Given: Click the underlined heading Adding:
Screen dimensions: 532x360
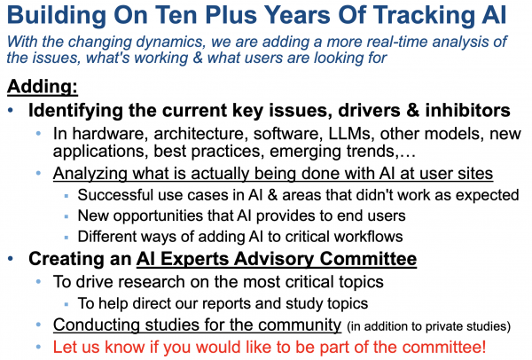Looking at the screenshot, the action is (43, 87).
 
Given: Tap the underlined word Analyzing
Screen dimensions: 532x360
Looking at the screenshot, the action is (90, 174).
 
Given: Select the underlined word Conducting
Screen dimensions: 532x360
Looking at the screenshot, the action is (97, 325).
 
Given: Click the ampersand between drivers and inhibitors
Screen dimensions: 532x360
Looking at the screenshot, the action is (413, 111).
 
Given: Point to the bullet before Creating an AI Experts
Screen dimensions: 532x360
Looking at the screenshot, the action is (11, 259).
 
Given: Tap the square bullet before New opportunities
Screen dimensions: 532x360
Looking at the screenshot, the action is (66, 217).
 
